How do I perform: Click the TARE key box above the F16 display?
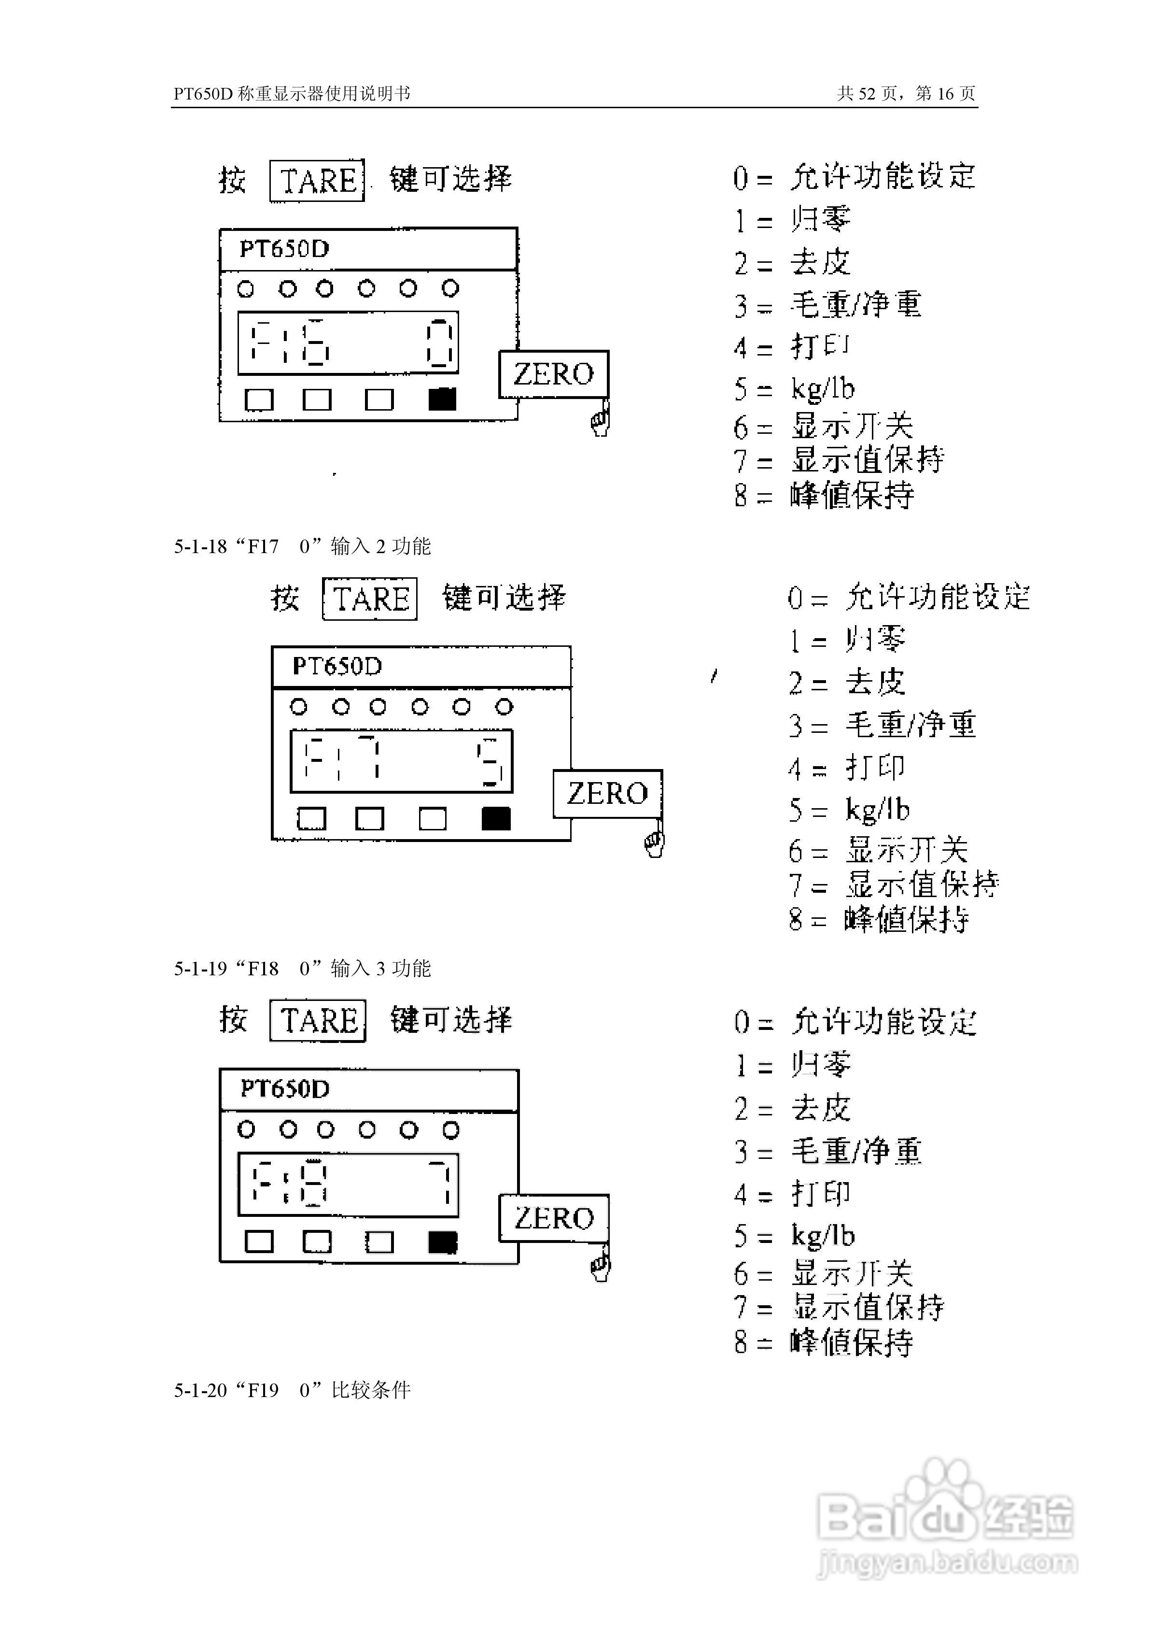click(317, 181)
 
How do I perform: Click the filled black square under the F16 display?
click(443, 400)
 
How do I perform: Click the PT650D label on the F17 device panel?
click(337, 667)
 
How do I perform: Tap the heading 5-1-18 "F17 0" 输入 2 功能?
click(303, 546)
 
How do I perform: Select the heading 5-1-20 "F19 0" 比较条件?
click(292, 1390)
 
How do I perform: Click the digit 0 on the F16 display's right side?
click(439, 343)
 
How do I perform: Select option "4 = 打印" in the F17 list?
click(846, 768)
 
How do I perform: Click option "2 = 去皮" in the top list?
click(792, 263)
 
